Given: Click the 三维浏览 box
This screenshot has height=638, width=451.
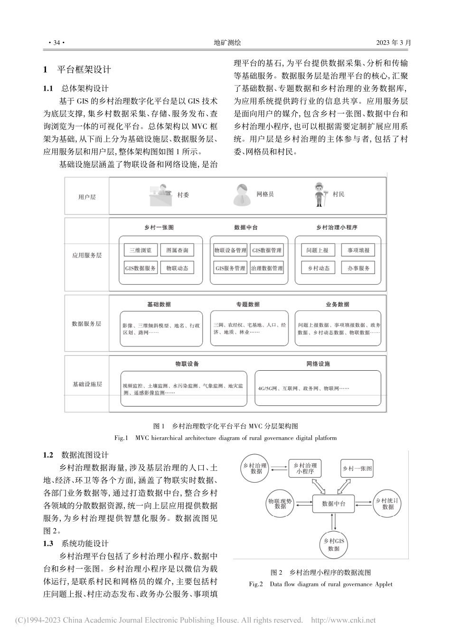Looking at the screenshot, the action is [x=141, y=250].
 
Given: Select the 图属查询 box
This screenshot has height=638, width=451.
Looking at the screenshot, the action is [x=177, y=250].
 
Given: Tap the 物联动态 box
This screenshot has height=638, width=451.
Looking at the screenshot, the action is [x=177, y=268].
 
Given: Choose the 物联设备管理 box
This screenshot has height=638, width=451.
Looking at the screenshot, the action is [x=230, y=250].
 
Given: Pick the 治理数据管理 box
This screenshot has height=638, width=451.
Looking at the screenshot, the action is [x=267, y=268].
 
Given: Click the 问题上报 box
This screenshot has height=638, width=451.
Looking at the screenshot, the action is [x=318, y=250].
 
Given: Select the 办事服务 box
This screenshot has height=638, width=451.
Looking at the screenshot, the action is [x=358, y=268].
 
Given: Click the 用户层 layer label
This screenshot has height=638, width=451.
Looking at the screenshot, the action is [x=87, y=197].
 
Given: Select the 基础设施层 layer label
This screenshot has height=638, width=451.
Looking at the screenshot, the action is [x=87, y=384].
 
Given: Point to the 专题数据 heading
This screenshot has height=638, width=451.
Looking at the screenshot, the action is [x=248, y=304].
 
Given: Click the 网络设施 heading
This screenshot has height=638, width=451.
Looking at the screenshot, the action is [x=318, y=364].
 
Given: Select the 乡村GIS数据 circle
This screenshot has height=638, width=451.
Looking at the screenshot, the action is [x=334, y=544].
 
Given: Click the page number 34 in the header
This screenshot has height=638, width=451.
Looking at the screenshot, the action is [x=56, y=43].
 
